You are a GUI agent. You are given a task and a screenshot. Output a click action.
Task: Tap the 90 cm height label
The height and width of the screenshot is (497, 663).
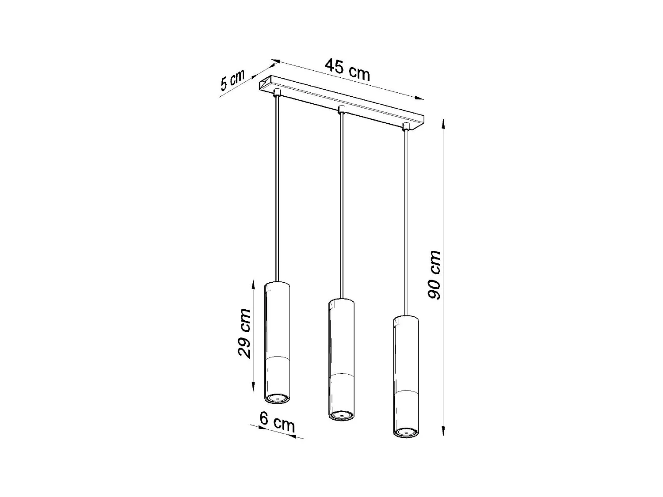(x=435, y=275)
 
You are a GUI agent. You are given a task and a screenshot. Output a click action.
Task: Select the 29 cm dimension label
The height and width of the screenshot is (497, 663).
(x=244, y=333)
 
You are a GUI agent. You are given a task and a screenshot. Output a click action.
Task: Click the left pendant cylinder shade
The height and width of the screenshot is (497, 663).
(x=277, y=336)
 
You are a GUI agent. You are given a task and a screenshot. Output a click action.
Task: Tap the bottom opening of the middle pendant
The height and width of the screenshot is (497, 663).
(x=341, y=415)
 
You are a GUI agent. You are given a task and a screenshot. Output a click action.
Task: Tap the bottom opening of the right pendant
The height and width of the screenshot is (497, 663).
(x=406, y=432)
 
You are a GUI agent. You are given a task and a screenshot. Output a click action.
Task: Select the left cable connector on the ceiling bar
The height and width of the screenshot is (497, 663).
(x=277, y=92)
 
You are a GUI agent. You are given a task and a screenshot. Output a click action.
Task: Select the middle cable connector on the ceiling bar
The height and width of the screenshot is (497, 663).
(x=341, y=109)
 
